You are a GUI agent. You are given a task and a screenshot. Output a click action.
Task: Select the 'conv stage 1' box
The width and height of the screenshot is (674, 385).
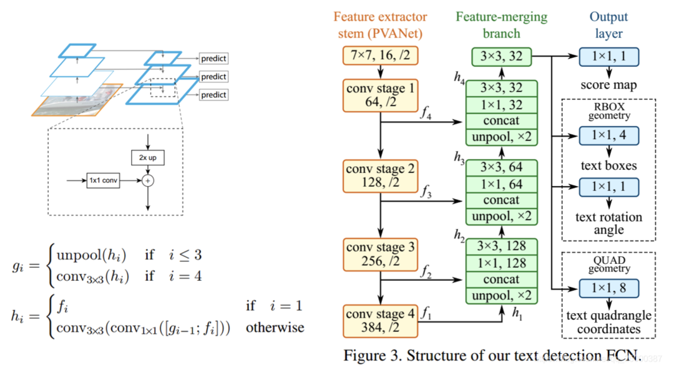[x=379, y=95]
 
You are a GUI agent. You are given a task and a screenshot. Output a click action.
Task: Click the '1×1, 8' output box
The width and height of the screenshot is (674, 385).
[x=608, y=288]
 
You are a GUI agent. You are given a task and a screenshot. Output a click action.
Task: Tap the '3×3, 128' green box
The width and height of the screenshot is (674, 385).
[x=501, y=247]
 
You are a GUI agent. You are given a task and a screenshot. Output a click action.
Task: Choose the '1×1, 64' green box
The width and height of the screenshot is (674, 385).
[x=501, y=185]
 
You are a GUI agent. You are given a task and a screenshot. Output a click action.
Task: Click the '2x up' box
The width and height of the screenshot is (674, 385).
[x=148, y=158]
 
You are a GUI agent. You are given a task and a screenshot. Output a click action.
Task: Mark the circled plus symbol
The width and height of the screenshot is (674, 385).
[x=148, y=180]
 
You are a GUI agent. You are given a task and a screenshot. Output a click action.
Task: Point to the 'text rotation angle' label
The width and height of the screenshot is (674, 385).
[x=608, y=223]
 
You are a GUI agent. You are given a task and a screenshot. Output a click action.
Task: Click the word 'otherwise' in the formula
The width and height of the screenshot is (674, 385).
[x=275, y=327]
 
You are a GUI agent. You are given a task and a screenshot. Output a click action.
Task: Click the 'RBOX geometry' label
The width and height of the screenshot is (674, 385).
[x=608, y=110]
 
